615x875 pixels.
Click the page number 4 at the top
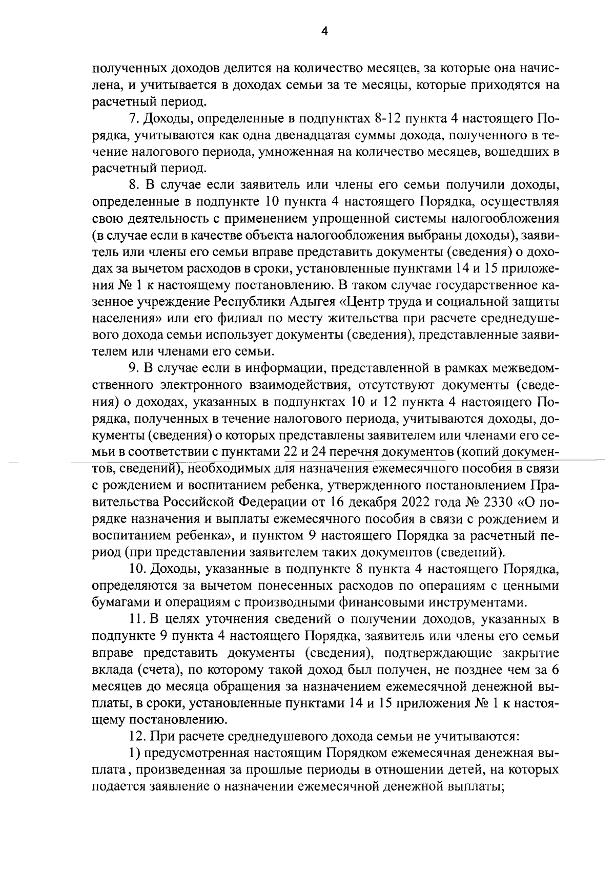click(323, 32)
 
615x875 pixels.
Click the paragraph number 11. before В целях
click(136, 619)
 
